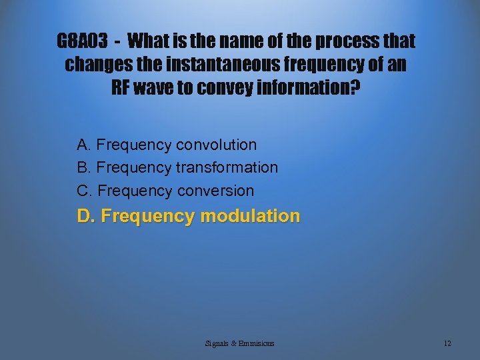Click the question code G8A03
[82, 42]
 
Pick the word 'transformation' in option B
[227, 167]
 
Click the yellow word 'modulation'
[250, 216]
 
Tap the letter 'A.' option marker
[84, 145]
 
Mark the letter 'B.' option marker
[84, 167]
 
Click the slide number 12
[447, 343]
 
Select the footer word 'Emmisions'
[257, 343]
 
